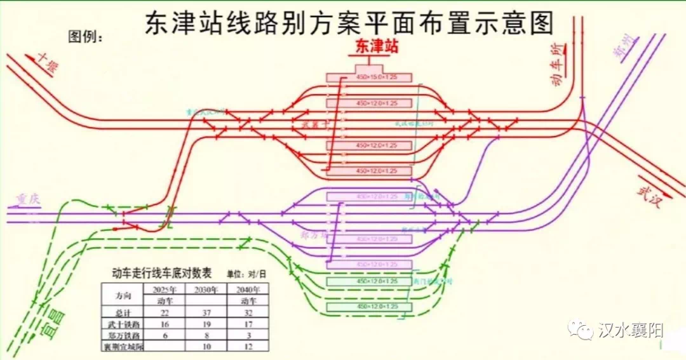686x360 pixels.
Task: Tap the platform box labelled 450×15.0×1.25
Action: coord(370,77)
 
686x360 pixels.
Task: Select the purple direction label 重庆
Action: coord(26,199)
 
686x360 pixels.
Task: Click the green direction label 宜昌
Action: coord(51,322)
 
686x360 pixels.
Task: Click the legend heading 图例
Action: coord(85,36)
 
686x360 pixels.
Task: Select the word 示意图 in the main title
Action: coord(509,24)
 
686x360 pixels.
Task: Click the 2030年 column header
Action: coord(203,290)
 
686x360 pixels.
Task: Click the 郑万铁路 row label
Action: coord(123,335)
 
